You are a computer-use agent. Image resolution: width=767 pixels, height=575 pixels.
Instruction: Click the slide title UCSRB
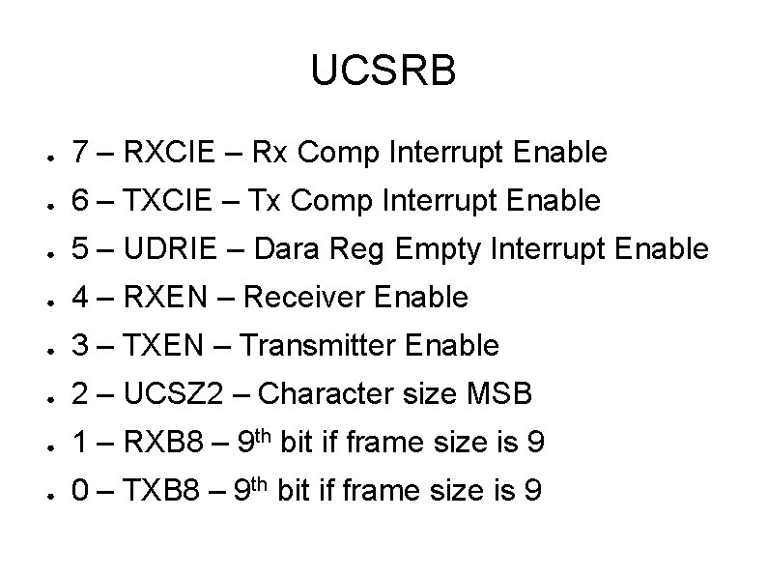click(x=383, y=72)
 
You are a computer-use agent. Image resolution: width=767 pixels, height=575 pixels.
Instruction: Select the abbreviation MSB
click(x=498, y=394)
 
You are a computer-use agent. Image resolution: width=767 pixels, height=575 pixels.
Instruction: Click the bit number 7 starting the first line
click(x=81, y=153)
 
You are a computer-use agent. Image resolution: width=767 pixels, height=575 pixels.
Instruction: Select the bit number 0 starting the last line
click(x=81, y=492)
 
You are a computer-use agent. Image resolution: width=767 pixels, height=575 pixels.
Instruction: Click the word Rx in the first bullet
click(x=269, y=153)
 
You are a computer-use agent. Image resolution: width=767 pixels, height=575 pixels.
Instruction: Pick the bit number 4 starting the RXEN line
click(x=81, y=298)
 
